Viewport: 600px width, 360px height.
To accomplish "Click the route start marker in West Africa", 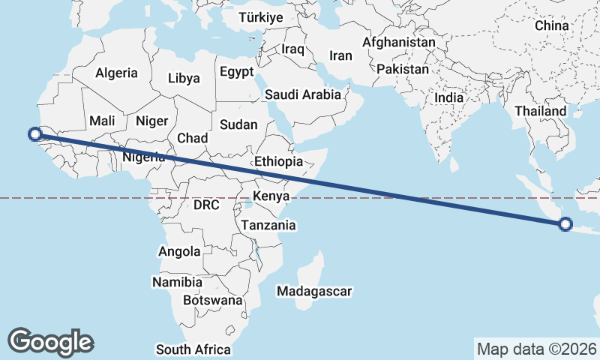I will coord(34,134).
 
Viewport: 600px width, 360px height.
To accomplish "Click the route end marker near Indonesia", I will coord(565,223).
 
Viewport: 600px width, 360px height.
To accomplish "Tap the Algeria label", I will coord(116,73).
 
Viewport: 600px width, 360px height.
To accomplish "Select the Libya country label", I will coord(184,78).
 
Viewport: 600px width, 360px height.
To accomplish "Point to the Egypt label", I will coord(238,72).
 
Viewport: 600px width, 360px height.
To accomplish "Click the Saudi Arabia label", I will coord(302,95).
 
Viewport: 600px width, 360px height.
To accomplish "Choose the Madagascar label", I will coord(314,291).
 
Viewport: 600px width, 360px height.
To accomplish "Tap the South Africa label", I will coord(193,349).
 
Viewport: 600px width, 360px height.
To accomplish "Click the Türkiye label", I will coord(261,17).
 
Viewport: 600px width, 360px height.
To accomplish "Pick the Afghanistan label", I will coord(398,43).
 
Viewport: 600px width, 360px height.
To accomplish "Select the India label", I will coord(448,97).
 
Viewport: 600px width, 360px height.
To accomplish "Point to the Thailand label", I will coord(540,111).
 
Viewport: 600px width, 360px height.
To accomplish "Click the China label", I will coord(552,25).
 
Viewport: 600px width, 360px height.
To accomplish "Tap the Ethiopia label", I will coord(278,161).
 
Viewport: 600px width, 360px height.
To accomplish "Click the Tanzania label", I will coord(268,225).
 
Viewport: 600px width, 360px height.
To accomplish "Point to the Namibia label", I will coord(177,283).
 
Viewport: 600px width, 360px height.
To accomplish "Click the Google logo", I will coord(50,341).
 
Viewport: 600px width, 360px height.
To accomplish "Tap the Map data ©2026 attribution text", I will coord(536,349).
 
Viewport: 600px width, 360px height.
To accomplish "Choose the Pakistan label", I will coord(403,69).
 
